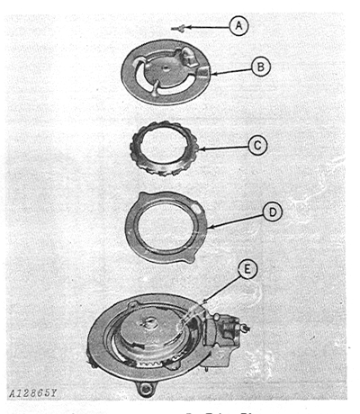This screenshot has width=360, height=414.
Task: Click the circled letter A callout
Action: (238, 27)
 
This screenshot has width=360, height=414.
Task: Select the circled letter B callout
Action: (259, 66)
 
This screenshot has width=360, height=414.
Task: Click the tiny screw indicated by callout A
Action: (179, 28)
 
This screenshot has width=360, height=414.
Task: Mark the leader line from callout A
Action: (207, 27)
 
